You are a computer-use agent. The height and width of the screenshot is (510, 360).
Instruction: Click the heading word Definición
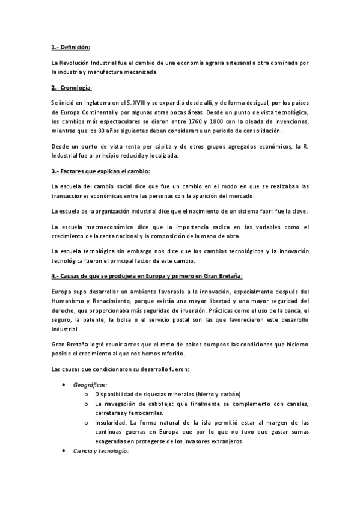pos(75,47)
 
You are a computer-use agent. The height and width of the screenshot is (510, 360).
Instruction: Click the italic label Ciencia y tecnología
pos(100,451)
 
